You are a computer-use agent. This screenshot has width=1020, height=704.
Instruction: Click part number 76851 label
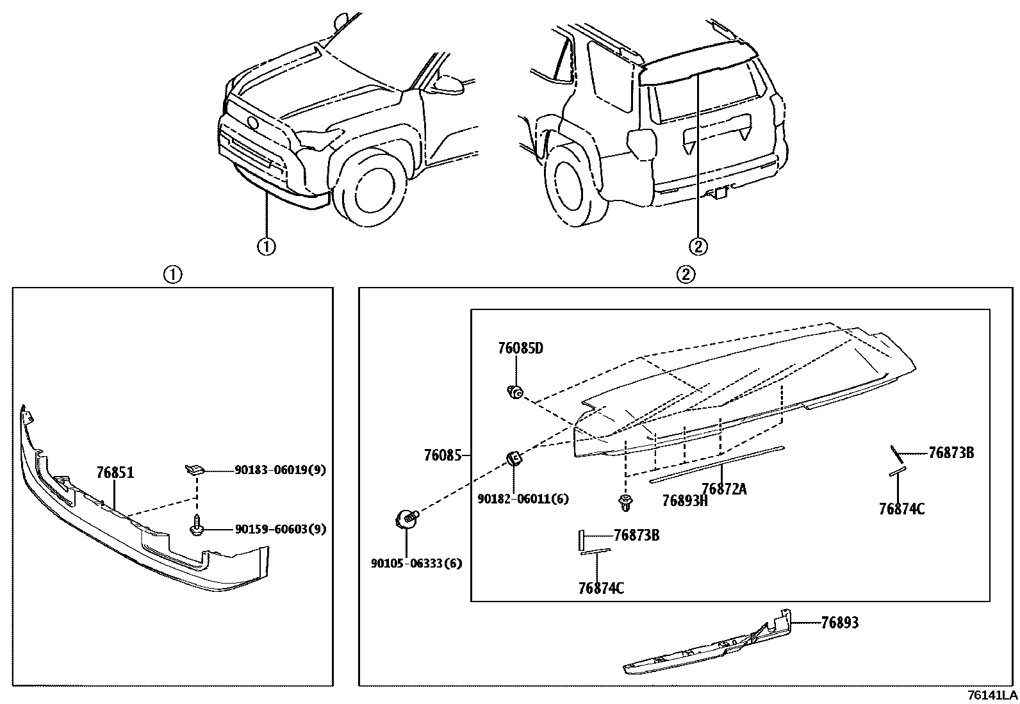click(115, 473)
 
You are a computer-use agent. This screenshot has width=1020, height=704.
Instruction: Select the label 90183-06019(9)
click(280, 470)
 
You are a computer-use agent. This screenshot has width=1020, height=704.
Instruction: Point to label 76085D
click(520, 348)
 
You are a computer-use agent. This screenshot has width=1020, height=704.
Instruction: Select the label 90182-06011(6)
click(523, 498)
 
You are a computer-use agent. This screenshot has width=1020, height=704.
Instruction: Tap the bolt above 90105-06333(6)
click(406, 517)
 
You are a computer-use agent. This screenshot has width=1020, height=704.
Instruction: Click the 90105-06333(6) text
click(416, 563)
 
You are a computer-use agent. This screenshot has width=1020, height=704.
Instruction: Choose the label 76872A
click(724, 489)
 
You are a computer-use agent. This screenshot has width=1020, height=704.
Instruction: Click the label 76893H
click(684, 501)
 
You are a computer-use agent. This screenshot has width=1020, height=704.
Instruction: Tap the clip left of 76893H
click(625, 503)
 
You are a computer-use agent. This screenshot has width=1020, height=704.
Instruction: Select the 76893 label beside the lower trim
click(839, 622)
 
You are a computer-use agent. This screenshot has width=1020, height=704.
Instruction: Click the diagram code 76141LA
click(992, 695)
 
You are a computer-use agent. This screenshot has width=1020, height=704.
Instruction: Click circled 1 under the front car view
click(267, 246)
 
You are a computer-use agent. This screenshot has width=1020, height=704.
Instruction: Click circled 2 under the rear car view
click(698, 246)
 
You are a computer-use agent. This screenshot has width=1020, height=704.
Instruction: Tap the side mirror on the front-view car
click(447, 84)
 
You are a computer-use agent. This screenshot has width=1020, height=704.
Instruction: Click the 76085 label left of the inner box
click(442, 455)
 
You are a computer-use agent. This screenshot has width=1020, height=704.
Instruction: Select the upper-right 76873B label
click(951, 453)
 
